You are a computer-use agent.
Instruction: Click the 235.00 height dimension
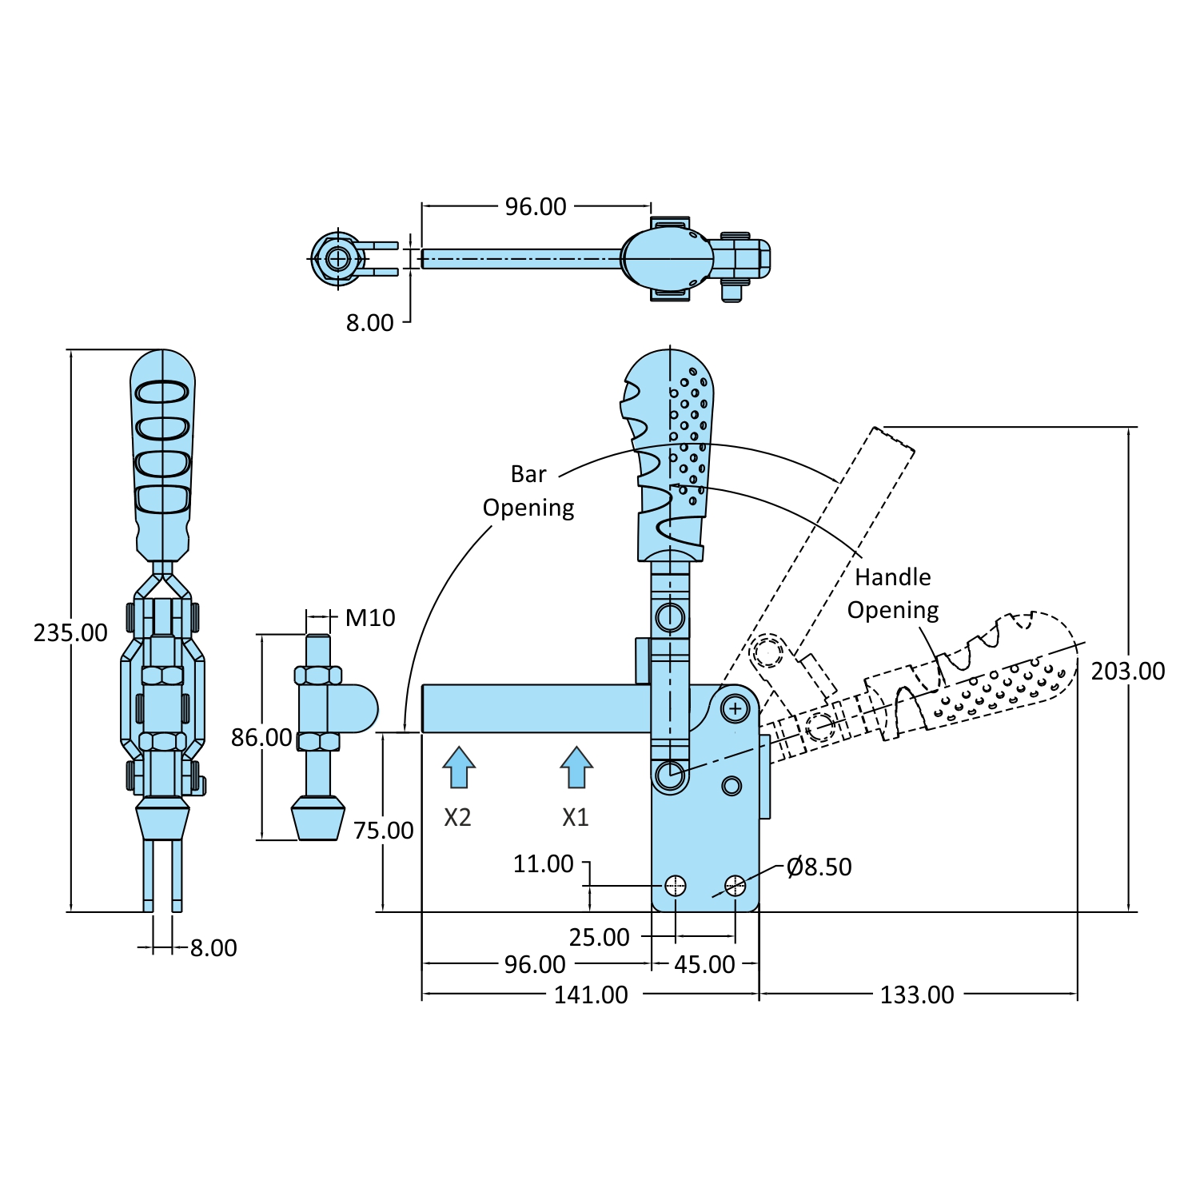70,632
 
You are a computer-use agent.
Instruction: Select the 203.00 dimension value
1128,671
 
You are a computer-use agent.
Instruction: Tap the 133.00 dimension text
917,995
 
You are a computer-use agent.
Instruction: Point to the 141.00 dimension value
591,995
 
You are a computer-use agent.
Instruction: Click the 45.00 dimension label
704,964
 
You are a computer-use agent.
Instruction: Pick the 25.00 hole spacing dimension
599,937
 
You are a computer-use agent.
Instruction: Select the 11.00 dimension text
543,863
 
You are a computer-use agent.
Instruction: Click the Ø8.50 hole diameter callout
819,867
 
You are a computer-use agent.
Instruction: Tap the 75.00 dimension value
383,831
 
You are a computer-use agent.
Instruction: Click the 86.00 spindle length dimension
261,737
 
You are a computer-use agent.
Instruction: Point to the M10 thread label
370,617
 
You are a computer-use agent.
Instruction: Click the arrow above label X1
576,767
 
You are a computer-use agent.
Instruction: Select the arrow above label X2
459,767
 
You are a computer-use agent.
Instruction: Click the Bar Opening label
528,491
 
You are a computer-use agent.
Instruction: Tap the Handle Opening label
893,593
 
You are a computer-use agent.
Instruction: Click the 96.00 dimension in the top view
536,206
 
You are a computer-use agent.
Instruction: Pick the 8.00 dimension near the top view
369,322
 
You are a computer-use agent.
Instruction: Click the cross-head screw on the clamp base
735,708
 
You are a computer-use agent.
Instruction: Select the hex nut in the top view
337,258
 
